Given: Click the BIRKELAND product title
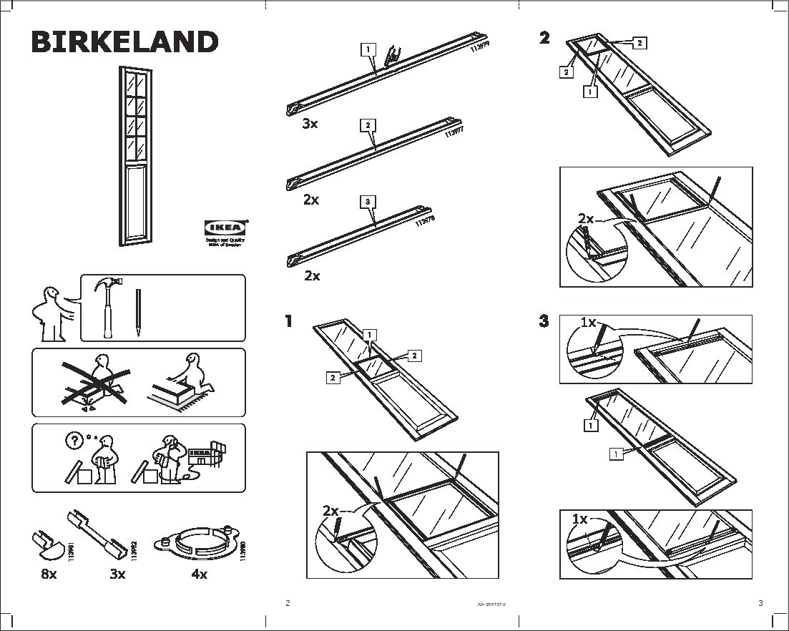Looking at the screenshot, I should [124, 42].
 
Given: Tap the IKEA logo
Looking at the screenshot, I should [225, 228].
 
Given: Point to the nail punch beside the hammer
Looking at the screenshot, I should [137, 313].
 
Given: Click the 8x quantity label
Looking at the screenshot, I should [48, 573].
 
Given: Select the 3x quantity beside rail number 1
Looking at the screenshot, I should [310, 124].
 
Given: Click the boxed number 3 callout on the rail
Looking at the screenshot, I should [367, 202].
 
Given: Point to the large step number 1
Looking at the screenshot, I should [289, 321].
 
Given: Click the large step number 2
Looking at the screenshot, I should [545, 38].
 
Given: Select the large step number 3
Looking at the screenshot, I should [544, 321].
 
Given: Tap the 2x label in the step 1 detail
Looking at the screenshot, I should [330, 511].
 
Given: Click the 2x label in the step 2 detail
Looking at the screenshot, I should [586, 219].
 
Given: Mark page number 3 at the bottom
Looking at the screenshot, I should [760, 603].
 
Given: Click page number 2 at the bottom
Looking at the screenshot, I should [288, 603].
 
